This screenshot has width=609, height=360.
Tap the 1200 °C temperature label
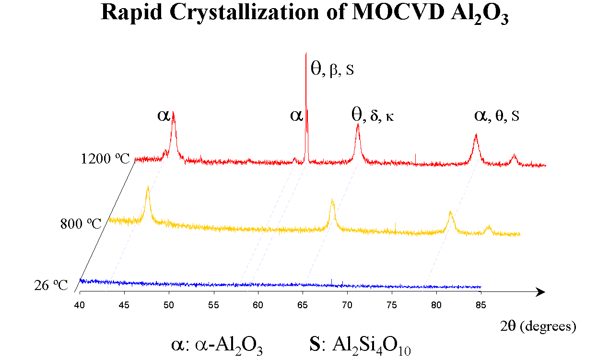point(105,159)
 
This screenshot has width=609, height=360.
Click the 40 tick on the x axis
point(80,303)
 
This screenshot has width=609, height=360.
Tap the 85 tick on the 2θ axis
point(480,303)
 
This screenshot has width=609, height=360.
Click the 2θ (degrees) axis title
point(537,326)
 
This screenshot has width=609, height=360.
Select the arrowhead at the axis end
point(541,292)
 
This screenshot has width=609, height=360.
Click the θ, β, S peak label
point(332,70)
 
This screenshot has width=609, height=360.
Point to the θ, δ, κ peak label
point(373,115)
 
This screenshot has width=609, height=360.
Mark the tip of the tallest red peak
point(306,54)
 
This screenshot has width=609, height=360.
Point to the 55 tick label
point(213,303)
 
